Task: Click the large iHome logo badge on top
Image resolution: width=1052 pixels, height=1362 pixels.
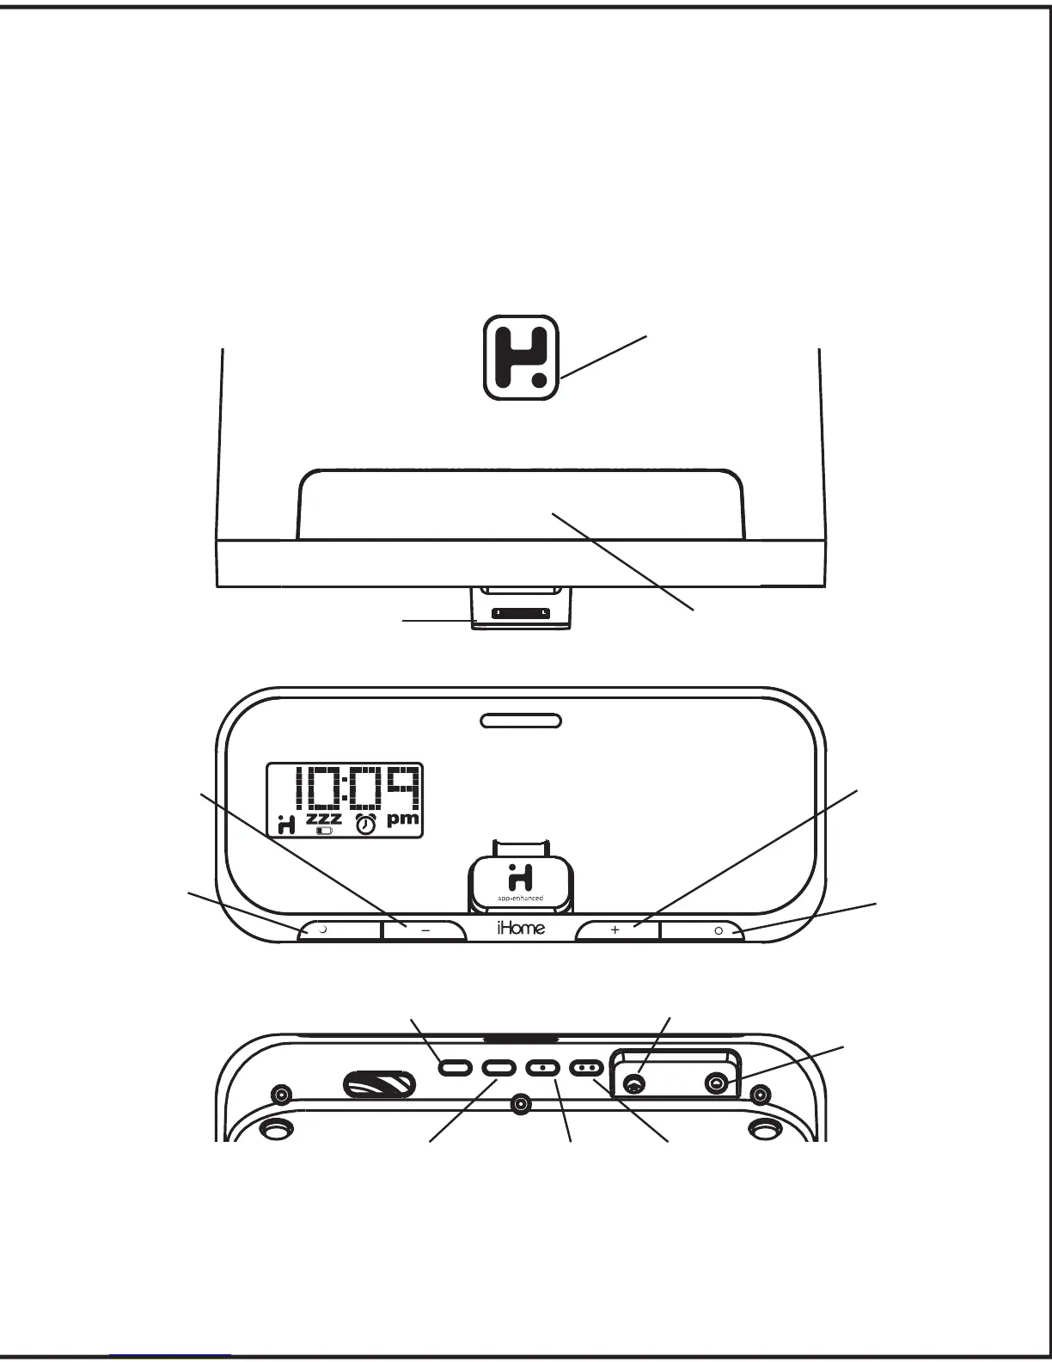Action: pyautogui.click(x=521, y=358)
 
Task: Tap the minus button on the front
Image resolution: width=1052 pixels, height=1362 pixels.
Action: pyautogui.click(x=425, y=930)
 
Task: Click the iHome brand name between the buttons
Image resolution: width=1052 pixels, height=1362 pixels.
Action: pyautogui.click(x=521, y=929)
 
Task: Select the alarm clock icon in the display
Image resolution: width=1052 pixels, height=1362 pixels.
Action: pyautogui.click(x=366, y=824)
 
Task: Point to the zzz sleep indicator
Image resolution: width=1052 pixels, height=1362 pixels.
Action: pyautogui.click(x=323, y=817)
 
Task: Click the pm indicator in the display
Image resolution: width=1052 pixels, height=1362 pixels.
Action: pyautogui.click(x=402, y=819)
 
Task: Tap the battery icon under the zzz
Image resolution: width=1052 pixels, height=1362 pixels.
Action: pyautogui.click(x=324, y=831)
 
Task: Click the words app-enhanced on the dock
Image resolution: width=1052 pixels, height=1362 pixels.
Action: pyautogui.click(x=520, y=899)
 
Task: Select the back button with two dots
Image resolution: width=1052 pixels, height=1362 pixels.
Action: pyautogui.click(x=588, y=1067)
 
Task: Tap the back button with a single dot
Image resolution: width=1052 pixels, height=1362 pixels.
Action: pyautogui.click(x=543, y=1067)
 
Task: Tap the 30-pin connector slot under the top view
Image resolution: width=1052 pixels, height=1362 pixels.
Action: pyautogui.click(x=521, y=614)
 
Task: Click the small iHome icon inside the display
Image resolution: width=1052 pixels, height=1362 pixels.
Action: pyautogui.click(x=287, y=824)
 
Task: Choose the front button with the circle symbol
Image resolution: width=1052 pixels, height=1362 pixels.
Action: pyautogui.click(x=701, y=930)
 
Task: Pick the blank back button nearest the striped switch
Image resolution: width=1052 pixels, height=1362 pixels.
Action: pyautogui.click(x=455, y=1067)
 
